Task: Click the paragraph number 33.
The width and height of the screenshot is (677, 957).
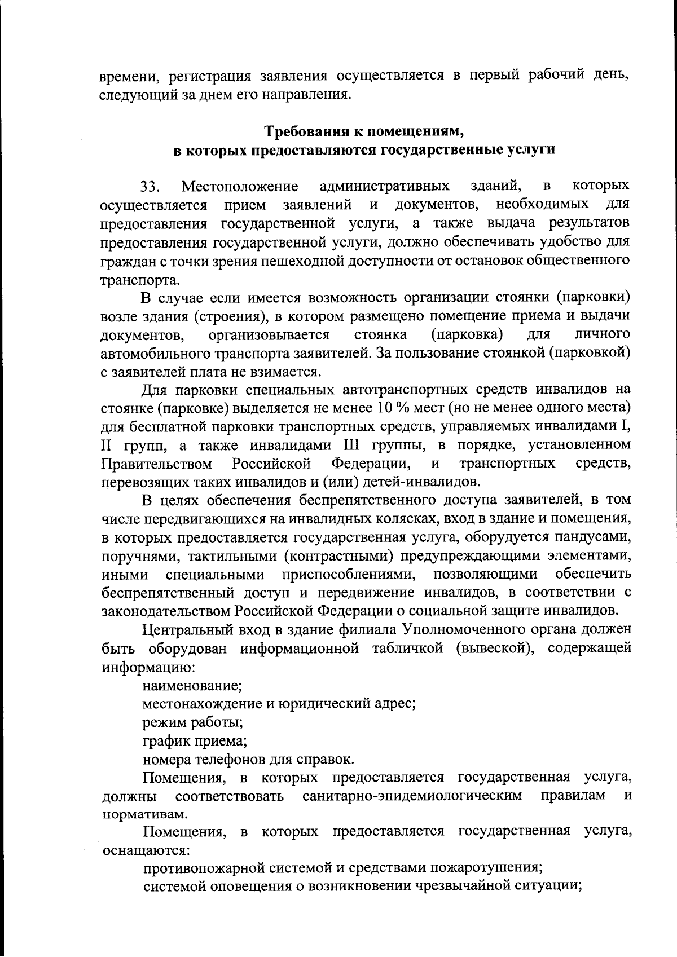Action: click(x=151, y=187)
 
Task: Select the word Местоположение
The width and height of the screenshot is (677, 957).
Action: click(x=240, y=187)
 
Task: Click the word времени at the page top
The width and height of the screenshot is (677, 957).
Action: click(x=125, y=76)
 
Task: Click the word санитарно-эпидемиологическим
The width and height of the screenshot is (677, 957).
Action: click(x=412, y=796)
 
